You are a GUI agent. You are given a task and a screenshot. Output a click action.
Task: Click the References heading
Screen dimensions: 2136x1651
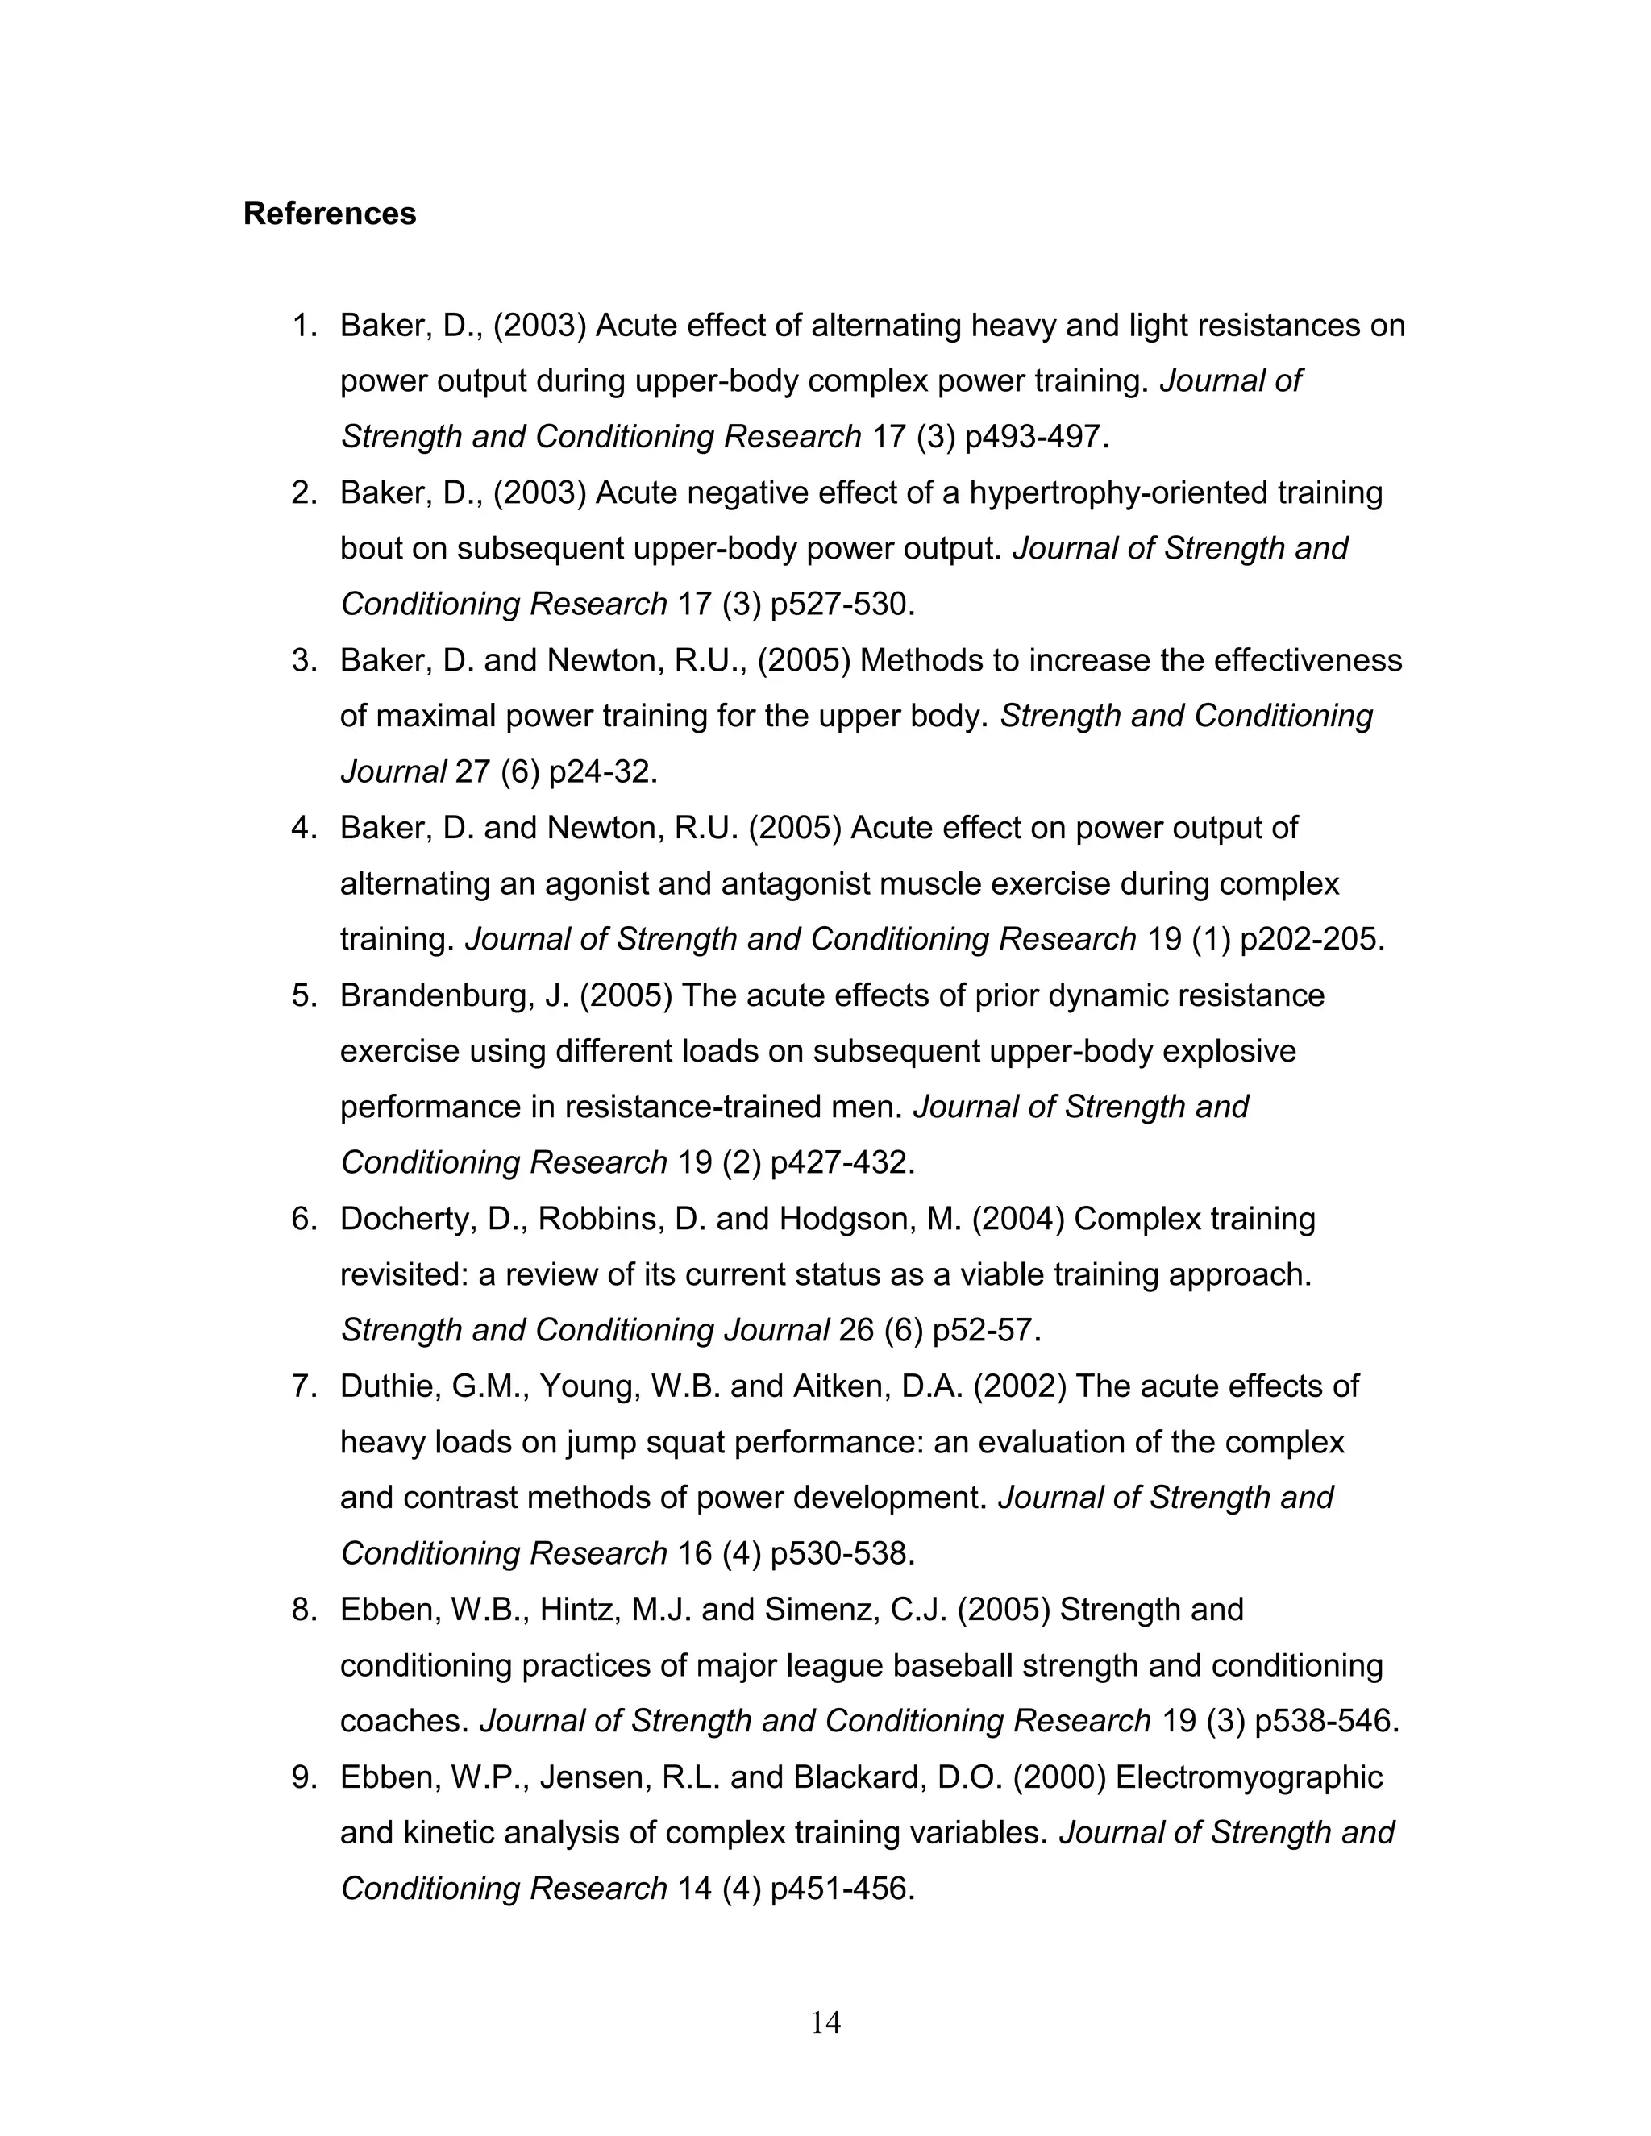click(x=329, y=214)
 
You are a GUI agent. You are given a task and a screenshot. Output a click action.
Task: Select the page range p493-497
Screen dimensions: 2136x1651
click(x=1036, y=436)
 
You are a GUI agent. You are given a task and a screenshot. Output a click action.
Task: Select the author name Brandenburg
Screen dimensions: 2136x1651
click(x=436, y=995)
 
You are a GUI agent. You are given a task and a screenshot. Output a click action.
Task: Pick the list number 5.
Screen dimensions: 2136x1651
click(x=303, y=995)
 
